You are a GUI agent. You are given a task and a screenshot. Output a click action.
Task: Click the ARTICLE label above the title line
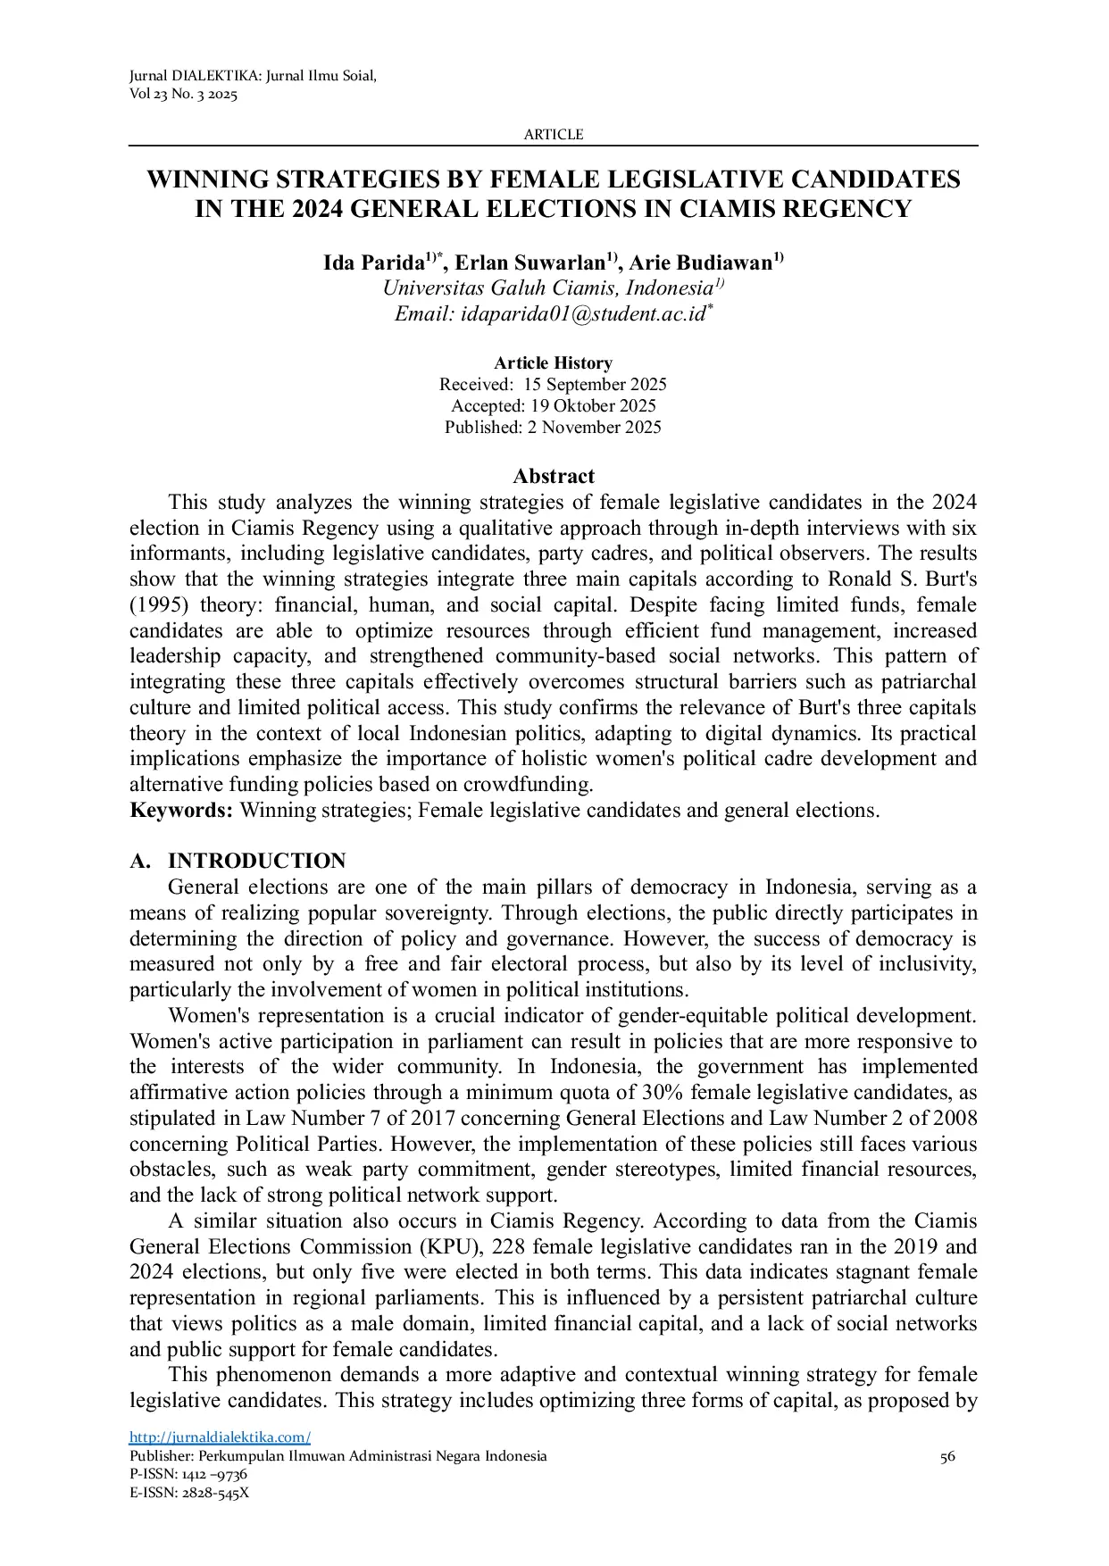[x=553, y=135]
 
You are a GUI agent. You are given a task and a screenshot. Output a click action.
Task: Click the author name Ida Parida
[x=372, y=263]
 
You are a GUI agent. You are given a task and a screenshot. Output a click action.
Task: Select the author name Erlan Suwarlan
[x=531, y=263]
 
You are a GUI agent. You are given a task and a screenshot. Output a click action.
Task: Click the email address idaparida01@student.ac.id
[x=581, y=314]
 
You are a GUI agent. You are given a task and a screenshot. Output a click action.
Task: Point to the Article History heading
[x=553, y=363]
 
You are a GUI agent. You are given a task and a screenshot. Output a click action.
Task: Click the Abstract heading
[x=554, y=476]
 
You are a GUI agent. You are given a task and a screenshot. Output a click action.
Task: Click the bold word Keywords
[x=181, y=811]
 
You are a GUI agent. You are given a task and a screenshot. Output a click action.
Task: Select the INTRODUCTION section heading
[x=256, y=862]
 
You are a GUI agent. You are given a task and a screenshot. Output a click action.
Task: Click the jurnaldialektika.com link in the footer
[x=220, y=1437]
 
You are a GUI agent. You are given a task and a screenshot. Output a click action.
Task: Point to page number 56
[x=947, y=1457]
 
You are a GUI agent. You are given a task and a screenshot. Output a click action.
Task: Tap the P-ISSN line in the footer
[x=188, y=1475]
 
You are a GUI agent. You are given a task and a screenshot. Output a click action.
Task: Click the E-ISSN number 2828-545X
[x=215, y=1493]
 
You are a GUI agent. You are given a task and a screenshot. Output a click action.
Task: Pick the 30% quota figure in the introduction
[x=663, y=1093]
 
